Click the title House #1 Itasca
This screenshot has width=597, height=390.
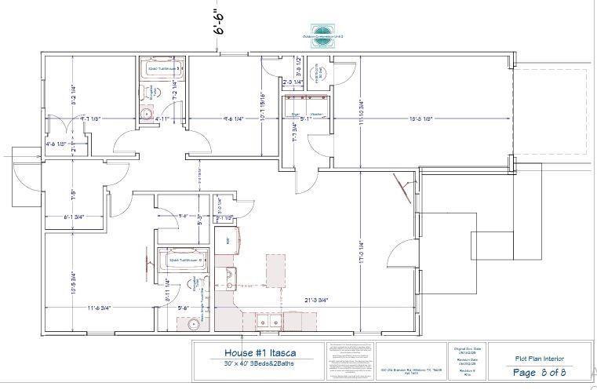pyautogui.click(x=255, y=352)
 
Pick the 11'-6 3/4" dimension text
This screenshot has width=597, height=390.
pyautogui.click(x=100, y=308)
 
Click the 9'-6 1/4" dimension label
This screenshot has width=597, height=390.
pyautogui.click(x=233, y=118)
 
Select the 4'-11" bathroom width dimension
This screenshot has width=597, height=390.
pyautogui.click(x=162, y=118)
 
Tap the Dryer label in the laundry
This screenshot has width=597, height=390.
pyautogui.click(x=296, y=115)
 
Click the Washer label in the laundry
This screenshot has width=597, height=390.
pyautogui.click(x=317, y=115)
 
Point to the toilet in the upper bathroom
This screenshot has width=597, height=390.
pyautogui.click(x=154, y=92)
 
